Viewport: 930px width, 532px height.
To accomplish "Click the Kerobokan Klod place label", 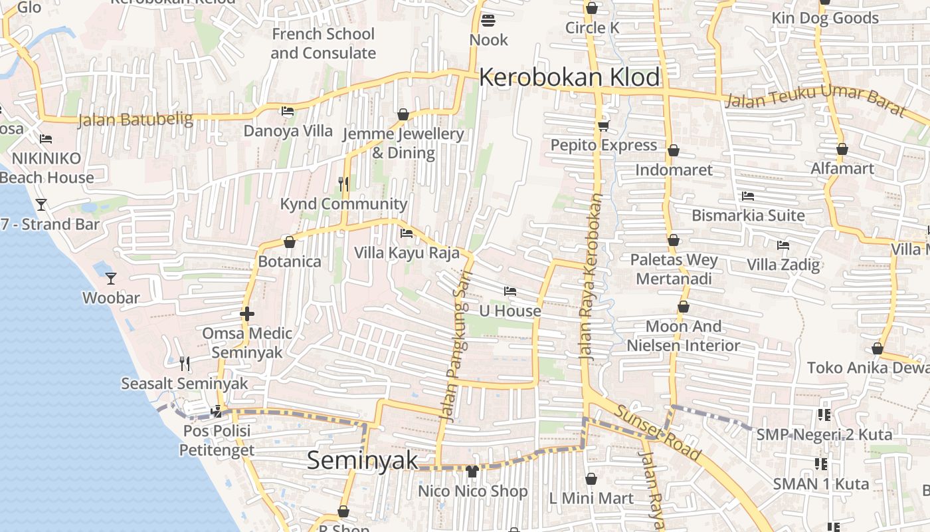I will point(569,77).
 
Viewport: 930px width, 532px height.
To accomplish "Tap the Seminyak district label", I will point(363,460).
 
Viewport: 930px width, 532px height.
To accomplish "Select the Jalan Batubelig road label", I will point(136,120).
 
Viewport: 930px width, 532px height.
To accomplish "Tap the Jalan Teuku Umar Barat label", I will point(816,100).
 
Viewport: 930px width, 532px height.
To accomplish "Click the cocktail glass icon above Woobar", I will point(111,278).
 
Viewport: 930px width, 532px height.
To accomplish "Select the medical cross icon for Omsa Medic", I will point(247,313).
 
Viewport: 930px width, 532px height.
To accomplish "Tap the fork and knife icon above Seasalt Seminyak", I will point(185,363).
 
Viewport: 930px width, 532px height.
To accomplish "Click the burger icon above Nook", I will point(488,20).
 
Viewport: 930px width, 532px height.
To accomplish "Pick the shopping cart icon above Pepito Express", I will point(603,125).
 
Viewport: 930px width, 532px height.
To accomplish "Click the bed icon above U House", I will point(510,291).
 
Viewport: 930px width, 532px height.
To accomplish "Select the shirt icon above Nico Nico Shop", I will point(472,471).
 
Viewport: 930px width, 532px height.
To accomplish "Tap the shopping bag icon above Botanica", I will point(289,242).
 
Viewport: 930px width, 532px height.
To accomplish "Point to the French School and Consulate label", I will point(324,43).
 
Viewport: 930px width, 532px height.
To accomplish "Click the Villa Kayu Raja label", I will point(407,253).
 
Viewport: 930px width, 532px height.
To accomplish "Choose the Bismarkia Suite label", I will point(748,215).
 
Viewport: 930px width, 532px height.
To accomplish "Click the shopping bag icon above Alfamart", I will point(842,149).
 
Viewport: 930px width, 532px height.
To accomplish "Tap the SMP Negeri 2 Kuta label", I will point(824,434).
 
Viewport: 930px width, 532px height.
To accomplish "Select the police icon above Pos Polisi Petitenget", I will point(217,411).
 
